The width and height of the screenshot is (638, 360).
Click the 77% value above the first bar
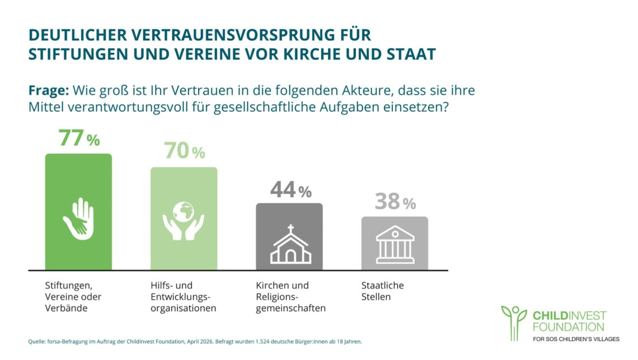point(79,138)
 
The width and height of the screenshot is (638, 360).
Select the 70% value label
point(184,151)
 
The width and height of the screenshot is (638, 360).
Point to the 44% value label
point(290,190)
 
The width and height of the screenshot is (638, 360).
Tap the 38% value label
point(395,202)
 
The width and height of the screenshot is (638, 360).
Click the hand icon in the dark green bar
point(78,219)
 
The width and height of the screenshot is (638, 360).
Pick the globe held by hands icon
point(184,221)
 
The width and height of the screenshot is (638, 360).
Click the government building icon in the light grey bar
point(395,244)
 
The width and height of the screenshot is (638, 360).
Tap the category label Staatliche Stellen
point(382,291)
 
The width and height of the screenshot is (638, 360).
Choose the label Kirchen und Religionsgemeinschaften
point(290,297)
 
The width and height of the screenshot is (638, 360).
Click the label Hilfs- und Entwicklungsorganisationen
point(183,297)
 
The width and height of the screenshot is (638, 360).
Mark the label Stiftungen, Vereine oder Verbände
point(73,297)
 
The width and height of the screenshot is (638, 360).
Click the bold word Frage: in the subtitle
point(49,90)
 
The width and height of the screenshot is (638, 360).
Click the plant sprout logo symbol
point(514,322)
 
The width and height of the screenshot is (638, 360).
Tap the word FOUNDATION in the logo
point(569,326)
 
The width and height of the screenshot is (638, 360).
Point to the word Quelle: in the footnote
point(36,342)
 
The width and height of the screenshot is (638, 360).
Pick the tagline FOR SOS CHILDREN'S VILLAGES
point(576,339)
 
